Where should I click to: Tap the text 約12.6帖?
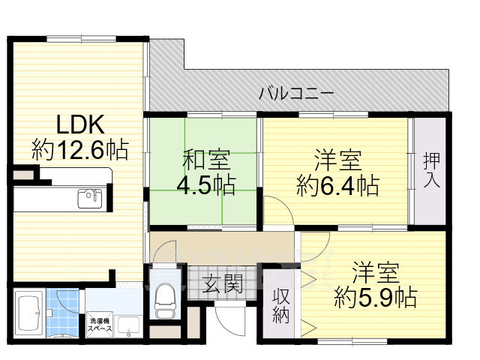click(79, 148)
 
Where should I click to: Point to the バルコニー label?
click(296, 94)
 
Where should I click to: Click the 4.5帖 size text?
click(204, 183)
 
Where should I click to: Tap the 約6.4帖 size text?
click(337, 184)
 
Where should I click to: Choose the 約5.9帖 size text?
click(376, 296)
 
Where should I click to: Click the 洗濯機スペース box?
click(100, 324)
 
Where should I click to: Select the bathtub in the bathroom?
click(29, 313)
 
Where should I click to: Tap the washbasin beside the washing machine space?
click(128, 325)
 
